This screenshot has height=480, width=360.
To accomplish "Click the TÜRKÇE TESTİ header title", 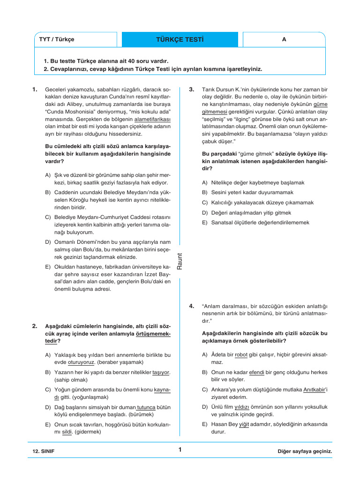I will pyautogui.click(x=180, y=40).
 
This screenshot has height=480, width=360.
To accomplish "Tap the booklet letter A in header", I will pyautogui.click(x=284, y=40).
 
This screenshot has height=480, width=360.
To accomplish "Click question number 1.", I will pyautogui.click(x=35, y=89).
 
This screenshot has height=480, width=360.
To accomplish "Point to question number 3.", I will pyautogui.click(x=192, y=89).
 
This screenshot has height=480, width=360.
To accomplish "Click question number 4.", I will pyautogui.click(x=192, y=307).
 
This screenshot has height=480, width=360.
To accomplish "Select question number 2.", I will pyautogui.click(x=35, y=326).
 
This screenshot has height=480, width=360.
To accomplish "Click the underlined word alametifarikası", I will pyautogui.click(x=149, y=120).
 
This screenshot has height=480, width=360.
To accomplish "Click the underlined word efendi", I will pyautogui.click(x=257, y=372).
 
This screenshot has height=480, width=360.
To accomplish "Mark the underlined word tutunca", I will pyautogui.click(x=146, y=407).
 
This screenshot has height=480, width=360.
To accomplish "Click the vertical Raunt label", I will pyautogui.click(x=180, y=261).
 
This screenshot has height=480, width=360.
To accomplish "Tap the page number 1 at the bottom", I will pyautogui.click(x=180, y=450).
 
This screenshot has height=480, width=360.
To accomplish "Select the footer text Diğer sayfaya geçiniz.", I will pyautogui.click(x=305, y=451).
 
